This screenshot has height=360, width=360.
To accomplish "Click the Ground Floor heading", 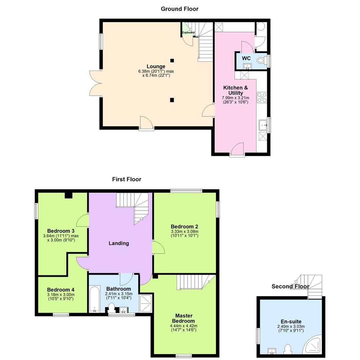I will [179, 9].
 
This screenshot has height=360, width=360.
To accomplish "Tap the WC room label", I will [246, 58].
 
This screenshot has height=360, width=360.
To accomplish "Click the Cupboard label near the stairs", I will [188, 32].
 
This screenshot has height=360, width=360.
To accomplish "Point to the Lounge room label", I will [156, 66].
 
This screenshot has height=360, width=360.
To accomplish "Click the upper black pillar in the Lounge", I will [172, 60].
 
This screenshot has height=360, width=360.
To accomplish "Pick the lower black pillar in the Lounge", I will [172, 100].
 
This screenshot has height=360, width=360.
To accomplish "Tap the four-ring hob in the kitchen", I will [262, 97].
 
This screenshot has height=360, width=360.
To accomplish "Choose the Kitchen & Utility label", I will [235, 90].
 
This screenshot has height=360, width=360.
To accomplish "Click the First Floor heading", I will [127, 179].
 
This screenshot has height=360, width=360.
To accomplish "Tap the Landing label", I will [119, 243].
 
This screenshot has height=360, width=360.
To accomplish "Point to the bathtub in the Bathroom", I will [95, 299].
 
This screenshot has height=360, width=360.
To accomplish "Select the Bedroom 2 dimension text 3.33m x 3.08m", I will [185, 232].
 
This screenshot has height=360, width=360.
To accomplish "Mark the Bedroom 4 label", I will [61, 290].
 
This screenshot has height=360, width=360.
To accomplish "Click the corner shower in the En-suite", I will [313, 345].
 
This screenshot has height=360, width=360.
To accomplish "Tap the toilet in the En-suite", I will [287, 349].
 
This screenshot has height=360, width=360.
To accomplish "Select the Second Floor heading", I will [290, 286].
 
